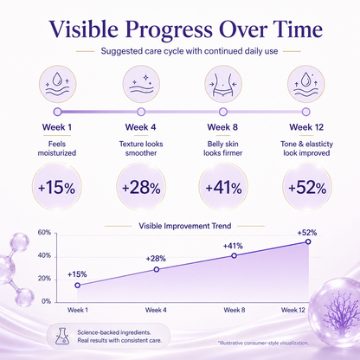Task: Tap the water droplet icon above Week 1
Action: click(x=58, y=84)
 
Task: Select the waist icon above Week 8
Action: click(x=223, y=84)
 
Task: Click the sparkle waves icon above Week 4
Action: click(x=141, y=84)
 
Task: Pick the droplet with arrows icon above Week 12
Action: click(x=305, y=84)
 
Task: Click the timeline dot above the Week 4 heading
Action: click(x=141, y=112)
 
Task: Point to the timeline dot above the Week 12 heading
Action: click(x=306, y=112)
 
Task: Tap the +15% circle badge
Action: click(x=57, y=187)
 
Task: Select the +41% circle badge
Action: click(x=223, y=187)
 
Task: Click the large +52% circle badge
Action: click(x=307, y=187)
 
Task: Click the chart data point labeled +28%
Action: click(x=157, y=269)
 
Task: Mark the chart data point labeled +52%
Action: click(x=308, y=241)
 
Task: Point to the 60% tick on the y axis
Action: click(x=44, y=233)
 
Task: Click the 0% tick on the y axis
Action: click(x=46, y=301)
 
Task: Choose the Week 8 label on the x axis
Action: click(x=235, y=310)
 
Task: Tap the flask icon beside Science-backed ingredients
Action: click(x=62, y=336)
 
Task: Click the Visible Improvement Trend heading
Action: click(x=185, y=226)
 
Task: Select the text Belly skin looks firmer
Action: click(x=223, y=149)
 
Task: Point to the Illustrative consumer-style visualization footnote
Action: click(x=263, y=343)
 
